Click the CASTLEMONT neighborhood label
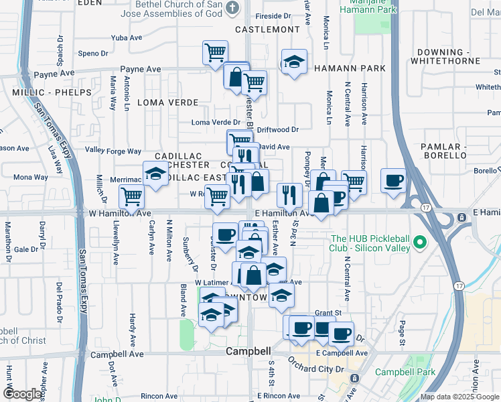click(x=267, y=29)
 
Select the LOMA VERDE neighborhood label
click(x=168, y=103)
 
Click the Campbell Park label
click(x=405, y=373)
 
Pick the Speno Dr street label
click(x=92, y=54)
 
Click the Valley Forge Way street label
click(x=113, y=151)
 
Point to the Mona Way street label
click(x=31, y=178)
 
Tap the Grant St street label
click(x=328, y=313)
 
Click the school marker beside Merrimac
click(x=155, y=175)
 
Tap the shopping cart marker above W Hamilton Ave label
click(x=131, y=196)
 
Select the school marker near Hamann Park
click(x=294, y=62)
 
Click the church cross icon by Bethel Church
click(x=232, y=8)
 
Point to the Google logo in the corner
click(x=21, y=394)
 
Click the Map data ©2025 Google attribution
click(x=460, y=397)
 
